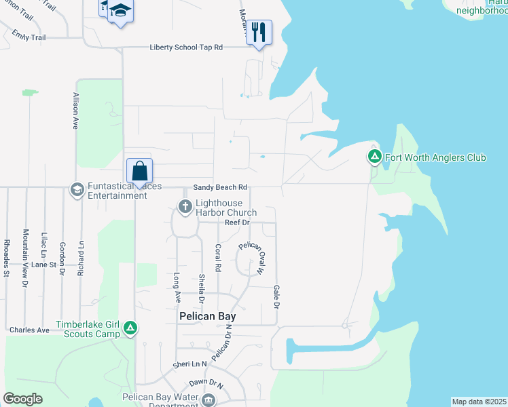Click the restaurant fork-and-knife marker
point(259,33)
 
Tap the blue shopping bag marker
point(139,171)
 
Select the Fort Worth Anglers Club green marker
point(374,157)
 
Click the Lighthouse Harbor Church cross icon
point(184,206)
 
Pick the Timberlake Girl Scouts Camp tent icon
point(130,328)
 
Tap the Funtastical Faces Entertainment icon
point(77,189)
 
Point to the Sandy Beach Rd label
point(219,187)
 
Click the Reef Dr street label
point(237,222)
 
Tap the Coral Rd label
point(218,258)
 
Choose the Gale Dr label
point(276,296)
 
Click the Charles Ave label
point(29,330)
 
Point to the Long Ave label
point(177,286)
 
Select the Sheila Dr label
point(202,288)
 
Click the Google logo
point(22,399)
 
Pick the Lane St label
point(43,265)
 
